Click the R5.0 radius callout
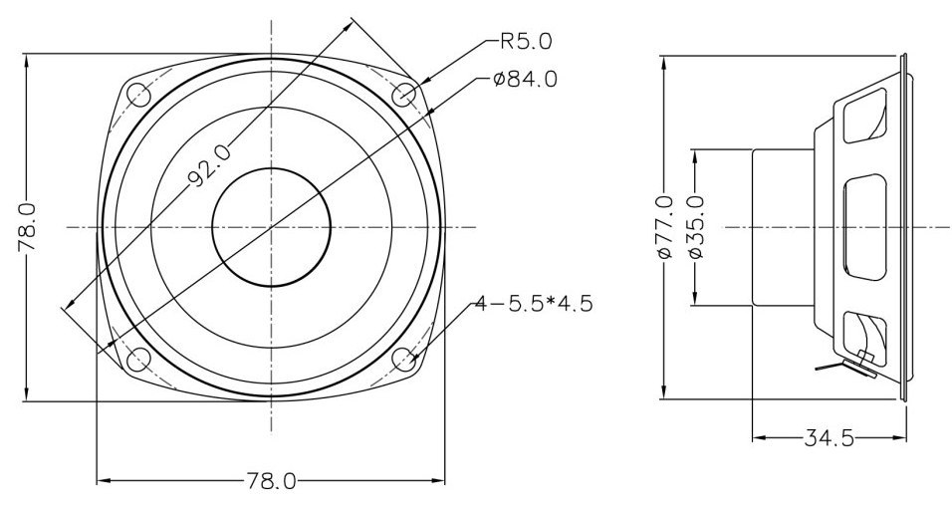pyautogui.click(x=526, y=41)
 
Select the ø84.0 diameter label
pyautogui.click(x=525, y=79)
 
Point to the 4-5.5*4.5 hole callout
pyautogui.click(x=533, y=303)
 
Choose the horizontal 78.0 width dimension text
pyautogui.click(x=271, y=482)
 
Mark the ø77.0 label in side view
pyautogui.click(x=665, y=226)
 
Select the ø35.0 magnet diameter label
pyautogui.click(x=696, y=226)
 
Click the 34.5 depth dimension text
pyautogui.click(x=829, y=437)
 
